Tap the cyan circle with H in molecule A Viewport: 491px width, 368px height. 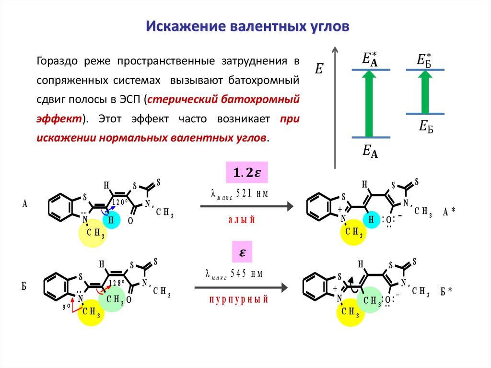coord(111,220)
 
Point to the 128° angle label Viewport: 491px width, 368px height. coord(117,283)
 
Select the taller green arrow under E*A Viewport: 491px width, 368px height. coord(369,104)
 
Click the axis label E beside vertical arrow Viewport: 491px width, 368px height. coord(319,70)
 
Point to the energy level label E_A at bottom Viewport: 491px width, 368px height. coord(370,152)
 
